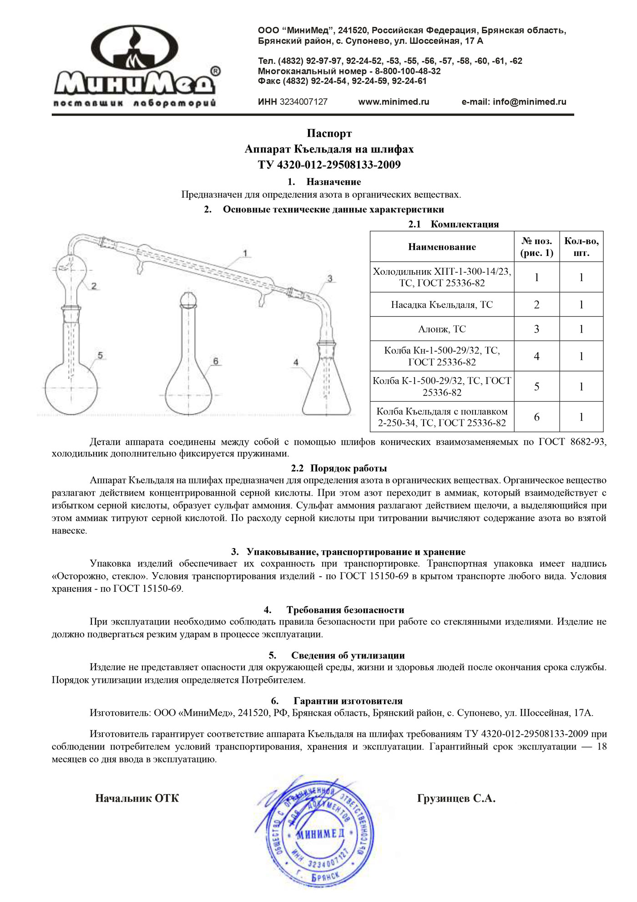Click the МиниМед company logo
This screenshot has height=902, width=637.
click(136, 66)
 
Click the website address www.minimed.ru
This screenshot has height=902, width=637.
click(394, 102)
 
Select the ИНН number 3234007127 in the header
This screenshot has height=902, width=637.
click(303, 102)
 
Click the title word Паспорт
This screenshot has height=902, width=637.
click(329, 133)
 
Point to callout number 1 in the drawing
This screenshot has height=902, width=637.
click(245, 253)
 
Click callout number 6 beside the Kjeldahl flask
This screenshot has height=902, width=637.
click(215, 361)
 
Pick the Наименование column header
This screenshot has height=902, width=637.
click(442, 247)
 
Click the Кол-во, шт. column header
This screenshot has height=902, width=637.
click(581, 247)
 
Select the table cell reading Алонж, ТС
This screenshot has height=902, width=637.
click(442, 329)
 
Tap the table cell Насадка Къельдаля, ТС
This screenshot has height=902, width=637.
click(442, 305)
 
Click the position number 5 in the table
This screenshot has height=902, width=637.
click(536, 387)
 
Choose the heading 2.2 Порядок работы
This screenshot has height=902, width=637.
click(339, 468)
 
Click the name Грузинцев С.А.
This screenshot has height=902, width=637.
click(456, 798)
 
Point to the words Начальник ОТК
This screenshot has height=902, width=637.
click(137, 798)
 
